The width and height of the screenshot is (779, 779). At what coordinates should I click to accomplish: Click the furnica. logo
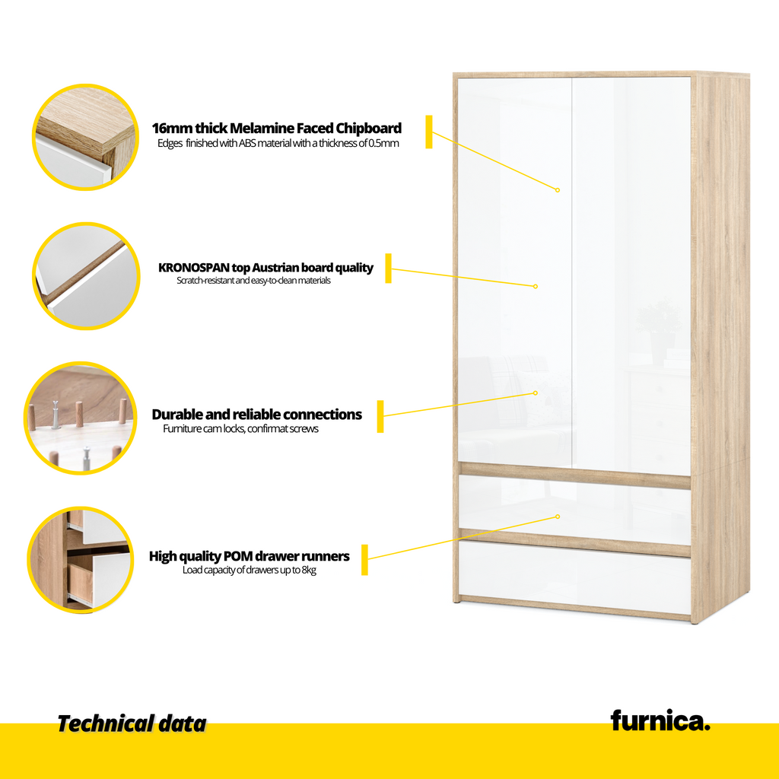click(x=660, y=721)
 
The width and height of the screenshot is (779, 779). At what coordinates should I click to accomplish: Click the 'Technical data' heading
click(x=132, y=724)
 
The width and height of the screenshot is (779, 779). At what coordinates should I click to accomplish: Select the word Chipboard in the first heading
click(x=369, y=128)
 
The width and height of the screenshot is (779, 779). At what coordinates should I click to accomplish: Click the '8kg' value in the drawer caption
click(x=309, y=571)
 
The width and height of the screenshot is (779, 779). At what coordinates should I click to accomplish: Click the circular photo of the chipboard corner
click(x=85, y=137)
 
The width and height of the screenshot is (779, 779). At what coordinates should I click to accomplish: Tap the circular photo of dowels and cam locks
click(x=81, y=418)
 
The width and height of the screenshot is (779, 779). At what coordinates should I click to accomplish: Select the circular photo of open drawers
click(x=81, y=560)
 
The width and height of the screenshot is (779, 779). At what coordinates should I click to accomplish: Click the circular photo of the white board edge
click(x=86, y=275)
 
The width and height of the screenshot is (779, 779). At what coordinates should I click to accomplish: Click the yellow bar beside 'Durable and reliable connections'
click(x=380, y=416)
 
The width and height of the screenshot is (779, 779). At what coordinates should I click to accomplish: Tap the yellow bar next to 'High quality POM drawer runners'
click(x=364, y=560)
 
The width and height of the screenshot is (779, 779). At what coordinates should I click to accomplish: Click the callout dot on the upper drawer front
click(x=558, y=517)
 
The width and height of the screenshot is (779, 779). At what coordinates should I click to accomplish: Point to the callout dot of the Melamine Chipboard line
click(x=558, y=189)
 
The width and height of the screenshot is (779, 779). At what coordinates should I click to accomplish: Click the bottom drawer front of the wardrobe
click(x=575, y=578)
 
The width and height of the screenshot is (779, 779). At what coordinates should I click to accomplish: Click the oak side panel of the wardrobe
click(x=720, y=348)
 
